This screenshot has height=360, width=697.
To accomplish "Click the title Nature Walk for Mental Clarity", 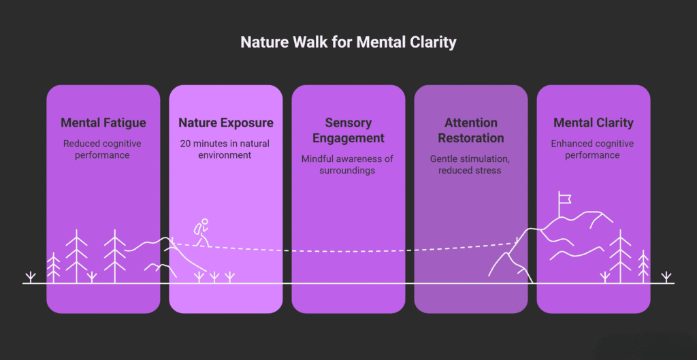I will click(x=348, y=42).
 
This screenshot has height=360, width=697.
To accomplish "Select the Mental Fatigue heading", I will click(x=103, y=123).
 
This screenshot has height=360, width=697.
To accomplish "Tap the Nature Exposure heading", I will click(x=226, y=123).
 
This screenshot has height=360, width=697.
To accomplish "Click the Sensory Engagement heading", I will click(x=348, y=131).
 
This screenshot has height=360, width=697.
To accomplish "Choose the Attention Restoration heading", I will click(x=470, y=131).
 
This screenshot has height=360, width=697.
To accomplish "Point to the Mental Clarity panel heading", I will click(x=593, y=123).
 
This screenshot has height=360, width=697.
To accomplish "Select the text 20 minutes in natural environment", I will click(x=226, y=149).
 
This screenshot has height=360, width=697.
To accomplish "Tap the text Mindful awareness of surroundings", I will click(x=348, y=164).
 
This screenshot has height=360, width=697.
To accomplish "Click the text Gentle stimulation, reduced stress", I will click(x=470, y=164).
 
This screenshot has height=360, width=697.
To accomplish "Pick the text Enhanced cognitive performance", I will click(x=593, y=149).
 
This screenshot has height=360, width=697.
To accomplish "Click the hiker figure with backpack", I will click(x=201, y=233).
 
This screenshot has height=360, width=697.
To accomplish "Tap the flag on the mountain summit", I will click(x=564, y=199).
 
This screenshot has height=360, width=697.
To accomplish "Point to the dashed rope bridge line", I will click(x=347, y=250).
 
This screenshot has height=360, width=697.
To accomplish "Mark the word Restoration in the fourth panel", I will click(x=470, y=138).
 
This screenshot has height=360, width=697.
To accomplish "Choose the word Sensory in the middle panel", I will click(x=348, y=123).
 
